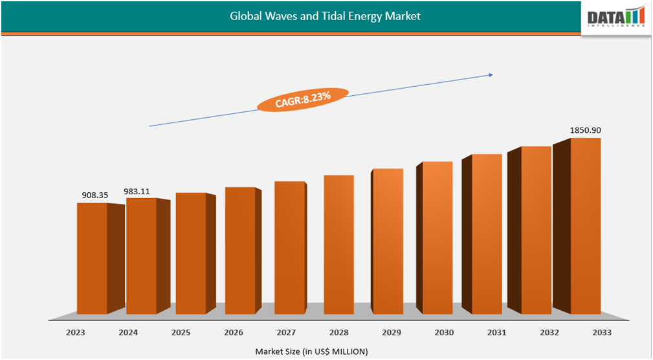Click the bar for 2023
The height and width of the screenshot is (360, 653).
pos(92,259)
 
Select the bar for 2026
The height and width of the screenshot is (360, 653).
pos(240,251)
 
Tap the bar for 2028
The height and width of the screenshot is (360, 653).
pos(338,245)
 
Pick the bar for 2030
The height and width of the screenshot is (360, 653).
pos(437,238)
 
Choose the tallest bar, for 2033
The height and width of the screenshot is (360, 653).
pos(585,227)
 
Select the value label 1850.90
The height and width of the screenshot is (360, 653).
pos(585,130)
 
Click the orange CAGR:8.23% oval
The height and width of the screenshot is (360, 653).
pos(303,99)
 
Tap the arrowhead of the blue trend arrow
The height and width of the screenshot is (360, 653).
pos(491,75)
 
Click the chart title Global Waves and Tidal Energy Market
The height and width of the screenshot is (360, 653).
pos(325,16)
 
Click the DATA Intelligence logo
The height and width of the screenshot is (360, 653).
pos(615,17)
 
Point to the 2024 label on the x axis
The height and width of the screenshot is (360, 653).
pos(129,332)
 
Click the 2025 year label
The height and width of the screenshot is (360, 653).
pos(181,332)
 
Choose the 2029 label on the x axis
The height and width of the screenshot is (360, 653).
pos(392,332)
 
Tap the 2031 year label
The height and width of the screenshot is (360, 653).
pos(497,332)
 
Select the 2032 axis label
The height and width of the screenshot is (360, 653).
pos(549,332)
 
